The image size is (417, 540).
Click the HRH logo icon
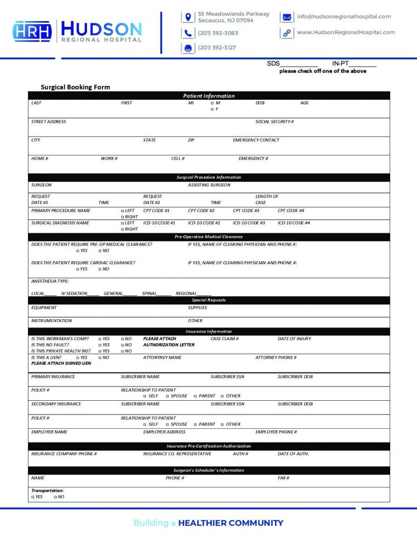point(32,31)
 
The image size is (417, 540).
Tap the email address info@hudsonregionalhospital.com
point(344,16)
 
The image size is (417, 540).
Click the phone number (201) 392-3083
point(218,33)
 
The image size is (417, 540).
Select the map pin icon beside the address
point(188,17)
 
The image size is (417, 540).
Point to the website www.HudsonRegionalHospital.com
point(345,32)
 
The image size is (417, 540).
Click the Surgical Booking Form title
point(75,87)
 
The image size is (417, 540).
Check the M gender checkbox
point(212,103)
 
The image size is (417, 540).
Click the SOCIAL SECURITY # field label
point(274,122)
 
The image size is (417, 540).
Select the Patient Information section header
point(209,96)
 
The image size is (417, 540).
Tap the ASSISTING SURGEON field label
point(209,185)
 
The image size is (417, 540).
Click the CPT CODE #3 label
point(246,210)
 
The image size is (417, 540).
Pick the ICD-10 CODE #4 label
point(294,223)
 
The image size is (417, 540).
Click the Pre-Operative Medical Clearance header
point(209,237)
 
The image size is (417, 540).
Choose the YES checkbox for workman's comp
point(100,339)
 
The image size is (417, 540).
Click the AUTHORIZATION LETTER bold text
point(169,345)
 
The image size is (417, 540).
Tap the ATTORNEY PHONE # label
point(276,358)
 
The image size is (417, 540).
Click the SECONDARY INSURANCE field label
point(56,404)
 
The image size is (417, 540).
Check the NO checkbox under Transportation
point(55,497)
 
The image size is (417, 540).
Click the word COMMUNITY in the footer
point(255,523)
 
